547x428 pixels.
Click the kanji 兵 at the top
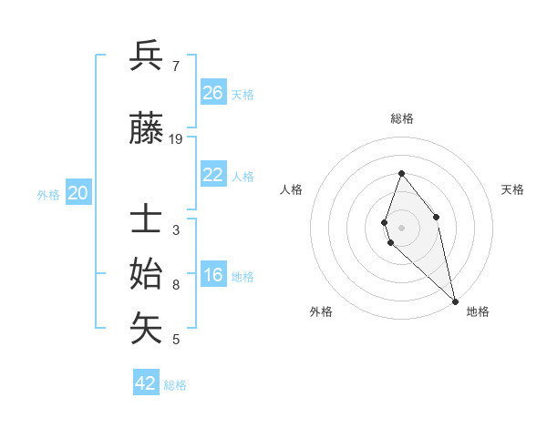147,56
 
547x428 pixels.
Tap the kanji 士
147,220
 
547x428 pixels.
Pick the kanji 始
147,274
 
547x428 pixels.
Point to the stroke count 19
176,139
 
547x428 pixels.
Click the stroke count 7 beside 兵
175,66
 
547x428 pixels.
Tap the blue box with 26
213,92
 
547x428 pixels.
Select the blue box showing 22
213,176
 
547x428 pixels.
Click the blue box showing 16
213,276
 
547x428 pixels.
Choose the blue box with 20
78,193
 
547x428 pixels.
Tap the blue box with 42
146,383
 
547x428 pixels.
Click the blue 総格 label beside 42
175,385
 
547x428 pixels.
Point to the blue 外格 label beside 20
48,195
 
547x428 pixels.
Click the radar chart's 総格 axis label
401,118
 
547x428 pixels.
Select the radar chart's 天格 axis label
512,189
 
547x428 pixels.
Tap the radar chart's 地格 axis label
478,311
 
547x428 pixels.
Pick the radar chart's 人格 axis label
291,189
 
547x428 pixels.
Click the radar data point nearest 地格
454,301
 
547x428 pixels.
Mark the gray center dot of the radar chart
401,227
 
